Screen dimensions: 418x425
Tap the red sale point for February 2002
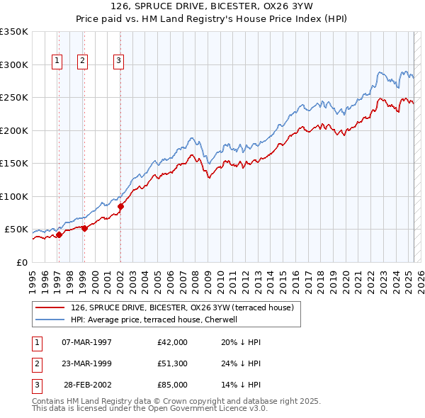coord(120,207)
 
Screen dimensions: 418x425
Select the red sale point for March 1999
coord(84,228)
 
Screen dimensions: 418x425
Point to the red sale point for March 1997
coord(59,235)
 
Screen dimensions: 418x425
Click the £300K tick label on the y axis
coord(13,64)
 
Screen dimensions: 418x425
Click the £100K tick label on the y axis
coord(13,196)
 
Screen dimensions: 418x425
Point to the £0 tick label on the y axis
coord(21,262)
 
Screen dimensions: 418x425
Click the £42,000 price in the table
coord(172,342)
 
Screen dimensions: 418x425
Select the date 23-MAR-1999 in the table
coord(86,363)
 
